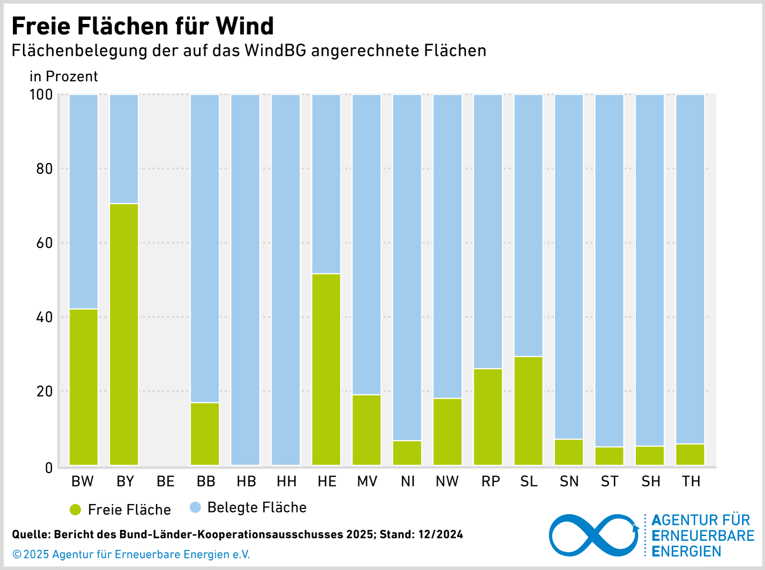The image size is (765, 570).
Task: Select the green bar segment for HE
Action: (x=326, y=369)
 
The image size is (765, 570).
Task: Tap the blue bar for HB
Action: (x=245, y=279)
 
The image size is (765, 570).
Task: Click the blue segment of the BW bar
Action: (x=84, y=201)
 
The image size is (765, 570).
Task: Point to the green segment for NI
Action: (x=407, y=452)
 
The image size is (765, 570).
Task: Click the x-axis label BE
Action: (x=165, y=482)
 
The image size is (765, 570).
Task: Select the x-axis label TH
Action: (x=691, y=482)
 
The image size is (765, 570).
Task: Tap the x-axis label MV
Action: (x=367, y=482)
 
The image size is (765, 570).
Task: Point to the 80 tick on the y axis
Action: (x=44, y=169)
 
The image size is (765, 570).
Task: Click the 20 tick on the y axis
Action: (x=44, y=391)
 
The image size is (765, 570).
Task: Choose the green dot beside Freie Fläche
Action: (x=76, y=510)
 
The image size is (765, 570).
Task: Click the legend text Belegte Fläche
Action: (x=257, y=507)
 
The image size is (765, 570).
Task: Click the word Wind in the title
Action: (x=244, y=26)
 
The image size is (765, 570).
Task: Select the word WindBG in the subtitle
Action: (x=275, y=51)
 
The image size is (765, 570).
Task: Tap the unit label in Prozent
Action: (x=64, y=77)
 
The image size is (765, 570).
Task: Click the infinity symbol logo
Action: (x=593, y=536)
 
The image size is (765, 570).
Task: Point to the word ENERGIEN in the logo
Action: (x=686, y=551)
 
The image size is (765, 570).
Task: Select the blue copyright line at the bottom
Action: (x=131, y=554)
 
